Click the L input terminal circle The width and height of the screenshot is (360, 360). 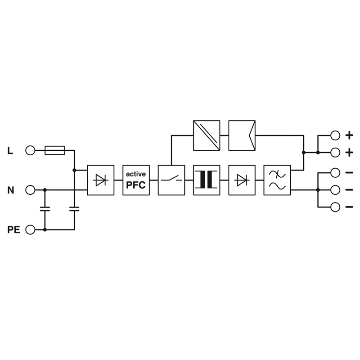[30, 151]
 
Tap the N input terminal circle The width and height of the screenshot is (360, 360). [30, 190]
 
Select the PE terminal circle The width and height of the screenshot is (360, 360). [30, 229]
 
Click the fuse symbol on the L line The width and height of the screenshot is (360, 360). [54, 150]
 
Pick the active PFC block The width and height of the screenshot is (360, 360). [136, 180]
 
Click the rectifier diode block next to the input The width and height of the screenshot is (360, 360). [101, 180]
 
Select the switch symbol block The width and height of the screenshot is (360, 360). [171, 180]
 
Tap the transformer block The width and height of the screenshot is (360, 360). [207, 180]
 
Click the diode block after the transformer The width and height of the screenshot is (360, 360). [242, 180]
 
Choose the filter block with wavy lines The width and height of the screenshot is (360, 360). [277, 180]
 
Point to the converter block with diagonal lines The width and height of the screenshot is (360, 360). [207, 135]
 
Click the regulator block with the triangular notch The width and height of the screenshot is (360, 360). [242, 135]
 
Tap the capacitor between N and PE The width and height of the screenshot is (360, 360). [45, 209]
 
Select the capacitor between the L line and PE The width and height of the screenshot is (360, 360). [74, 209]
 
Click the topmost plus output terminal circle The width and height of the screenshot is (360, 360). [335, 135]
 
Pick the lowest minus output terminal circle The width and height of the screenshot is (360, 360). [335, 207]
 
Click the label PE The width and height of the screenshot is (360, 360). [14, 229]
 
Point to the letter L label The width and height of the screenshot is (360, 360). [10, 151]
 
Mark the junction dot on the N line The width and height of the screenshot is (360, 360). [45, 190]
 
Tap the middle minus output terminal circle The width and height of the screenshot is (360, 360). [335, 190]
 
